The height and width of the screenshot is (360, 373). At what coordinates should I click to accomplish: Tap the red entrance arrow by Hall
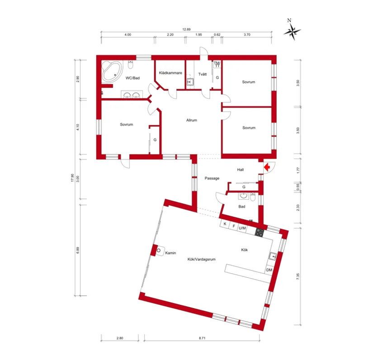point(267,167)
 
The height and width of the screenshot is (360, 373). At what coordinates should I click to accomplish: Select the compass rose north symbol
point(292,30)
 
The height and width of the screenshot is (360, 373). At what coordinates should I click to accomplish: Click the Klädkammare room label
point(170,73)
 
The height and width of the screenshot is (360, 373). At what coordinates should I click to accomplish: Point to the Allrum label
point(192,120)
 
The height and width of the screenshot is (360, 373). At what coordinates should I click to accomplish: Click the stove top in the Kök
point(260,232)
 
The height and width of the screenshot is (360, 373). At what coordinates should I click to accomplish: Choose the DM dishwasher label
point(269,270)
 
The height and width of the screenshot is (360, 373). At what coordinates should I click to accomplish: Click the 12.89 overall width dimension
point(186,29)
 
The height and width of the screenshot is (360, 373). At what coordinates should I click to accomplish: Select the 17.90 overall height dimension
point(72,178)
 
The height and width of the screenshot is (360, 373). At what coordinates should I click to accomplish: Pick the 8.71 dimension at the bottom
point(202,338)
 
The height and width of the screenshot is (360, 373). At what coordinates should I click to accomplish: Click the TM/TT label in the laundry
point(217,65)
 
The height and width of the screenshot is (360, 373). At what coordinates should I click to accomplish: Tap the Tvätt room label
point(203,75)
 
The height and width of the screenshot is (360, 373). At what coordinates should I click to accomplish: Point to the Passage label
point(212,178)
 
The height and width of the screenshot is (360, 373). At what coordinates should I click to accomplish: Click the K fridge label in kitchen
point(225,224)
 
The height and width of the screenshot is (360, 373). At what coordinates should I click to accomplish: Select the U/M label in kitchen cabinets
point(242,228)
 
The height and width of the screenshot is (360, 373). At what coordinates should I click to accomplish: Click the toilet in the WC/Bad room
point(131,65)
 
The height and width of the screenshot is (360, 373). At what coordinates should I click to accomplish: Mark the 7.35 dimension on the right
point(298,276)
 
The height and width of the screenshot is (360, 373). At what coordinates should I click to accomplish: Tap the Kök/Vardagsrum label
point(202,259)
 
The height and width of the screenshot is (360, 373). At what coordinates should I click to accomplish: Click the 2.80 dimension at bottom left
point(120,338)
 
